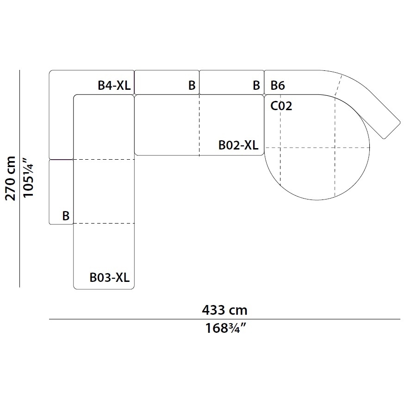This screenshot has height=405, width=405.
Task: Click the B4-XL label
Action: [114, 85]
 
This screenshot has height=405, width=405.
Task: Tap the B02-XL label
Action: [238, 145]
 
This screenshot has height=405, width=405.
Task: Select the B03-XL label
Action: [110, 277]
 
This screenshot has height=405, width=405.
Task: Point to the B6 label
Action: [278, 85]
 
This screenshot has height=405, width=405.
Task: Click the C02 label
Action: [281, 106]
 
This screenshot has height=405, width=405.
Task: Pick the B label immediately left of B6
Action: [256, 85]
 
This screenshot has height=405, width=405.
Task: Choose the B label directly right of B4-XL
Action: [192, 85]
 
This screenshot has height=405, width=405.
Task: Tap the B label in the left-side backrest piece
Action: [66, 216]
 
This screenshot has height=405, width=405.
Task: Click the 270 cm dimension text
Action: [11, 178]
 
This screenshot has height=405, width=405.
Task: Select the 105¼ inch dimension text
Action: [28, 178]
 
